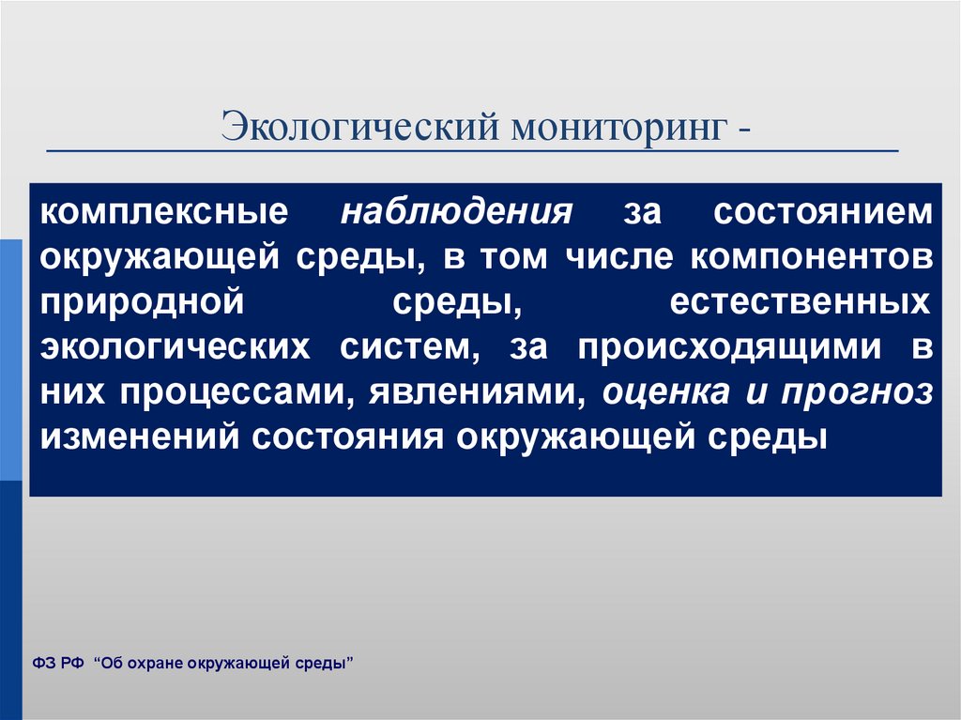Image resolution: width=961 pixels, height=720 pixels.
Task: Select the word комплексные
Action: tap(163, 211)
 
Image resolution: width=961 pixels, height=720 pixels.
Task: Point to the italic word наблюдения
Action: tap(455, 211)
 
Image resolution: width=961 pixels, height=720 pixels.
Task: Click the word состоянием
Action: tap(822, 211)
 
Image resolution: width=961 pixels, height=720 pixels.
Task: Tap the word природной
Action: tap(143, 303)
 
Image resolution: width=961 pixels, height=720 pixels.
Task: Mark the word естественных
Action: tap(801, 302)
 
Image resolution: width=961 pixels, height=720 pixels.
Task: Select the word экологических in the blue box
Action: tap(175, 347)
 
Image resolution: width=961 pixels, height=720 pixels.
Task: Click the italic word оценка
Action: tap(665, 392)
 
